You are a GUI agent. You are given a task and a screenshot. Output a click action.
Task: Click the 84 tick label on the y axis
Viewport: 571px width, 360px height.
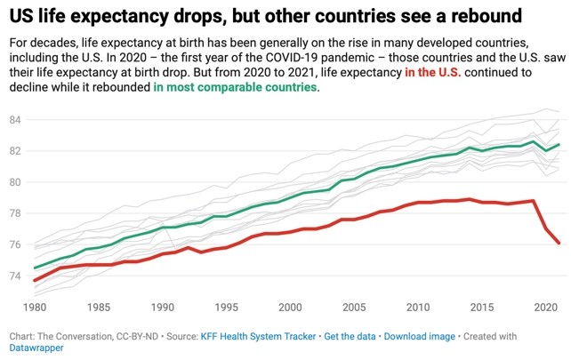(15, 119)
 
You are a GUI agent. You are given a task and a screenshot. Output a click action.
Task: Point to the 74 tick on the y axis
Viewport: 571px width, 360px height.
(15, 276)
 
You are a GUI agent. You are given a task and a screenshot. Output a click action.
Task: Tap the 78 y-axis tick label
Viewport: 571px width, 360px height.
(15, 213)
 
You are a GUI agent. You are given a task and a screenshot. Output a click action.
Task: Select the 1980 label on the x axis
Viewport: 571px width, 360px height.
(35, 307)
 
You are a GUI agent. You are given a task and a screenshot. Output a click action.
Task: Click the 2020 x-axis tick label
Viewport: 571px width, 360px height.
(545, 307)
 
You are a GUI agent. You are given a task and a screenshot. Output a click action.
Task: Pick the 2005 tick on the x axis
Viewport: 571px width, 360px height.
(354, 307)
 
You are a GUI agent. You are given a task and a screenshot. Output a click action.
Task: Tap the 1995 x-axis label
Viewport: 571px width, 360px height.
(227, 307)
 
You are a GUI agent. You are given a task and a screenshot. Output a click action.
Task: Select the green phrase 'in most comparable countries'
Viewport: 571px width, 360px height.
(234, 89)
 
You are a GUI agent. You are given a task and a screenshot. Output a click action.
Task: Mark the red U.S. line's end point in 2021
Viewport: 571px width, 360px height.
(558, 243)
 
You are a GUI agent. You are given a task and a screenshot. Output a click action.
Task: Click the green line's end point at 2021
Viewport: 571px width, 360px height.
(558, 145)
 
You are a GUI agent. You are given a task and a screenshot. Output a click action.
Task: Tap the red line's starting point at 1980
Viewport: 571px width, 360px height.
(35, 280)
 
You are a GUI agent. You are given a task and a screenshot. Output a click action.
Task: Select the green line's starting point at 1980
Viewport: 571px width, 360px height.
(35, 268)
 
